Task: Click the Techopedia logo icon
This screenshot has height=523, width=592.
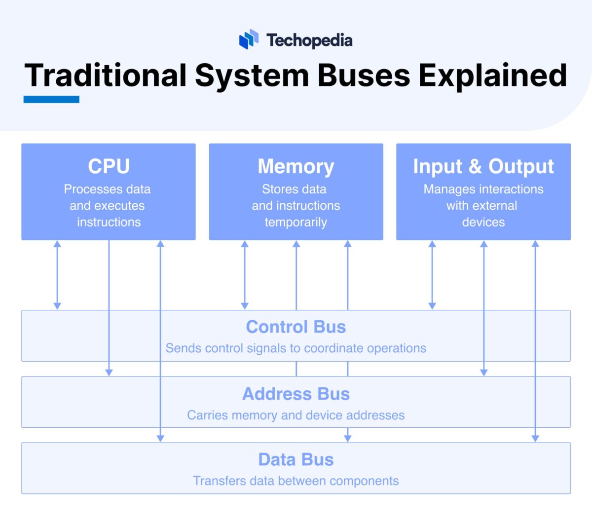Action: click(249, 39)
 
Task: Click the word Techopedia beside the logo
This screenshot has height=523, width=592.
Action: click(309, 40)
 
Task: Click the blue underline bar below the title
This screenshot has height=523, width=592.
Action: click(51, 99)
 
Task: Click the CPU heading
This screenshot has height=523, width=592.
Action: click(109, 166)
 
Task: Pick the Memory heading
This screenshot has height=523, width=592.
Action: click(296, 166)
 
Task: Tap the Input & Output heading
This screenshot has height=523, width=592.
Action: click(483, 166)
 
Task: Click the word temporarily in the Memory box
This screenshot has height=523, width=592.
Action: click(296, 222)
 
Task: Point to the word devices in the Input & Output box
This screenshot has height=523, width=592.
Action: click(483, 222)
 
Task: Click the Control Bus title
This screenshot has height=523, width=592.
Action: click(296, 327)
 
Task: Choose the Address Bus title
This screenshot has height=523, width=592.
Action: click(296, 394)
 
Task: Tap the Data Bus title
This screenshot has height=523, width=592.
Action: click(296, 459)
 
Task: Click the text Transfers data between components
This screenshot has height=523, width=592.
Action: click(296, 481)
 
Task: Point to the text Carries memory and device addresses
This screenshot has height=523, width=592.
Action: click(296, 415)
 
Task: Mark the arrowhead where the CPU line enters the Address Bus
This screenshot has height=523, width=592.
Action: click(109, 373)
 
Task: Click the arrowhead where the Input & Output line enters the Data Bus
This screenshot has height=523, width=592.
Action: click(535, 438)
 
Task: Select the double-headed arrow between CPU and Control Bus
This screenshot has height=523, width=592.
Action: click(57, 275)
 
